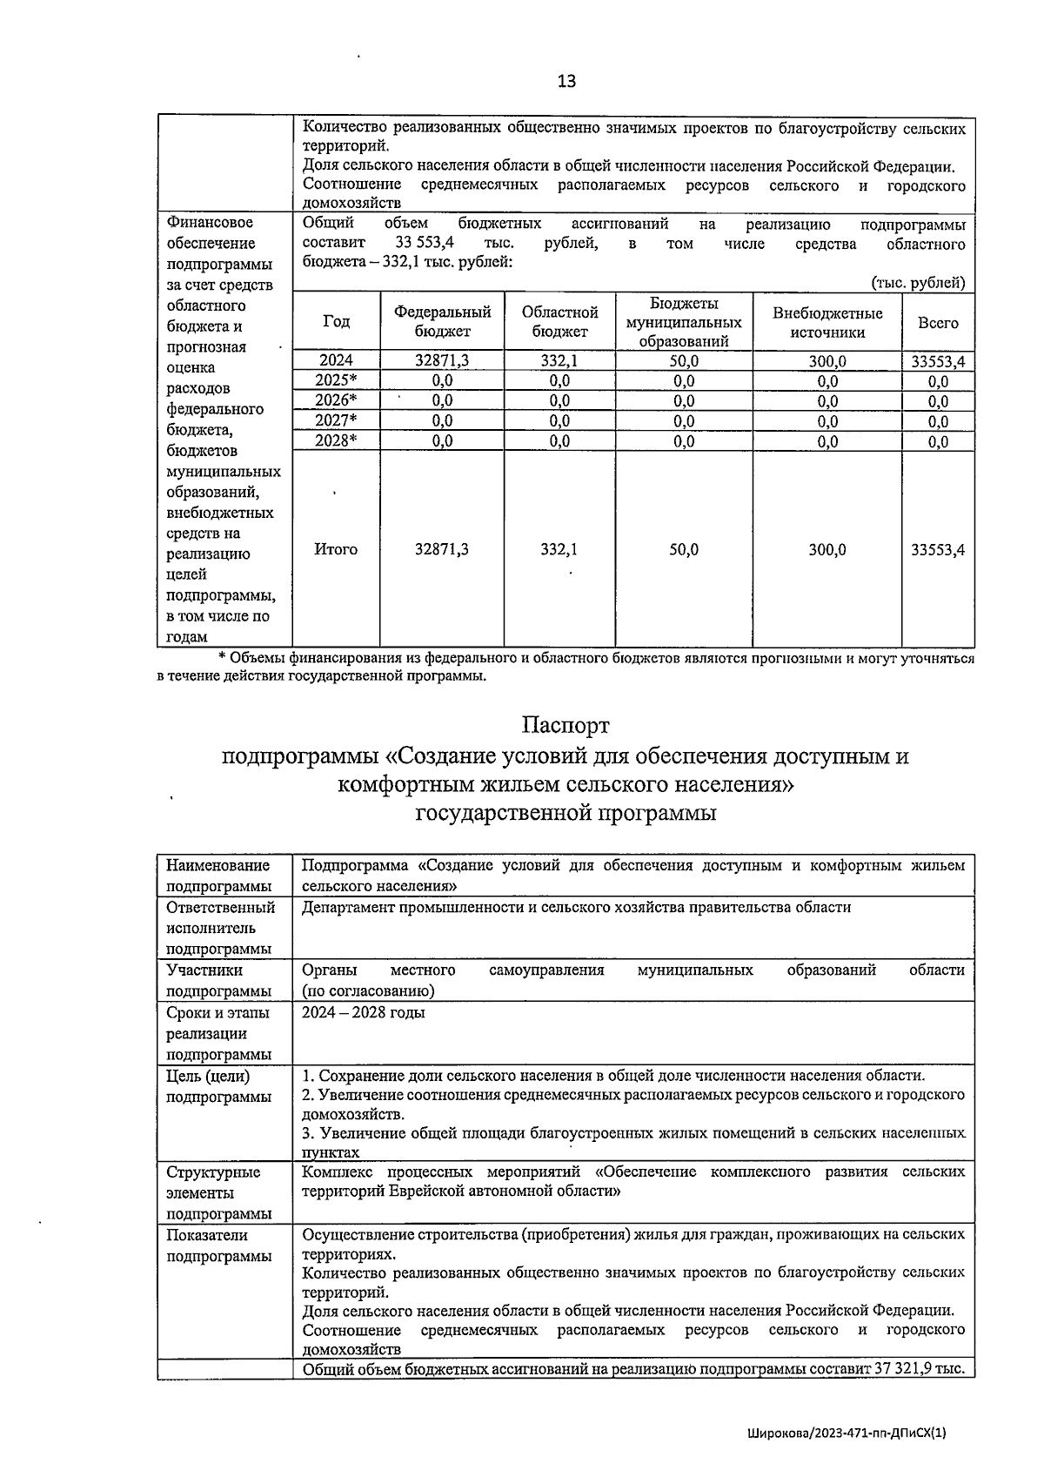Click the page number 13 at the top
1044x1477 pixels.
tap(566, 82)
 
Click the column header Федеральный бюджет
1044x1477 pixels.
tap(442, 322)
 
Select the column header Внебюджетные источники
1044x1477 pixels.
tap(826, 322)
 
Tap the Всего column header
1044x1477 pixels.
tap(938, 323)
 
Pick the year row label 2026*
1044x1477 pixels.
tap(336, 400)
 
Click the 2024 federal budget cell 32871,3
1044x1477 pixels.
tap(442, 361)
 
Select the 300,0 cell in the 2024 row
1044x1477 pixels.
tap(827, 361)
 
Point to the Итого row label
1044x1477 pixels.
tap(336, 549)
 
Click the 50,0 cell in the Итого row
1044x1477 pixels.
tap(684, 549)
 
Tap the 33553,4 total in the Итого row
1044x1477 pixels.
tap(938, 549)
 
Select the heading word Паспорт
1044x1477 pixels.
tap(565, 724)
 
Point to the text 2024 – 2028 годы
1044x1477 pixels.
tap(364, 1013)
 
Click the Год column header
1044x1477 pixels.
tap(336, 322)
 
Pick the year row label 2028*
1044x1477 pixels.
tap(336, 440)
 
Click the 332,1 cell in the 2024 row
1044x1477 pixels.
tap(559, 361)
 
